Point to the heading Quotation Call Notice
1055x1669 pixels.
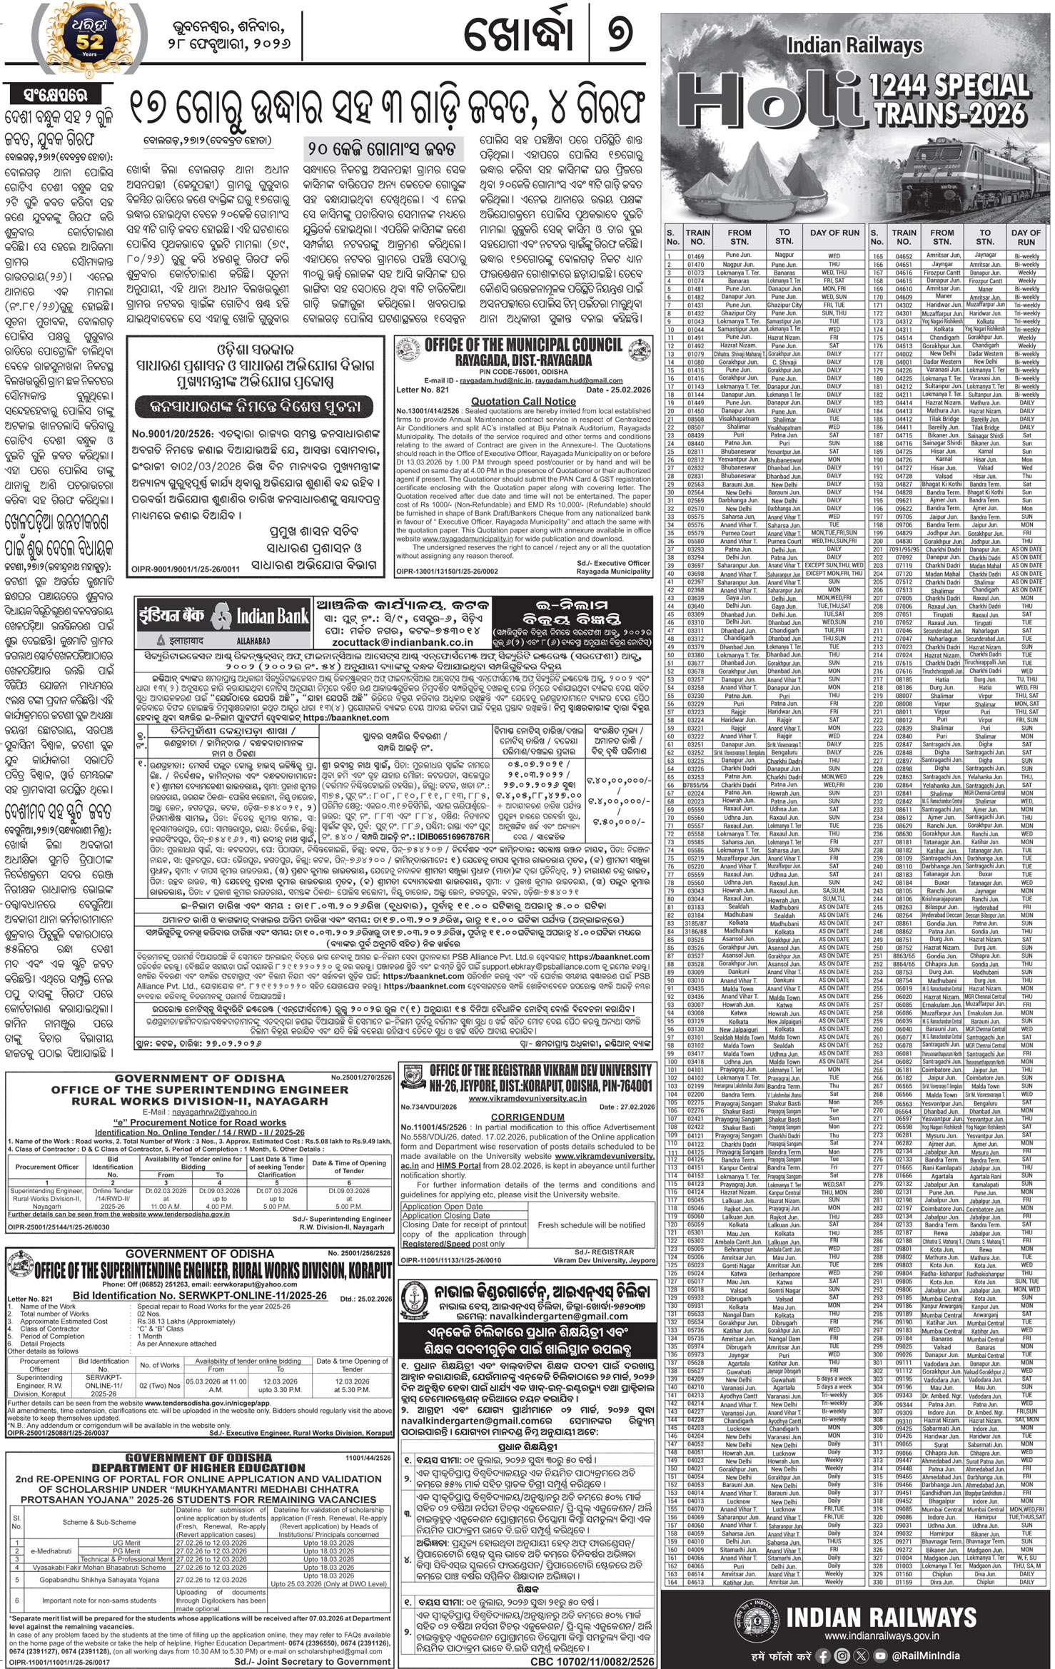(523, 402)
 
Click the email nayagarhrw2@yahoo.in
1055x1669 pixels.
(178, 1111)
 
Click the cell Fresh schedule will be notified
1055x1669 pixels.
(591, 1224)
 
